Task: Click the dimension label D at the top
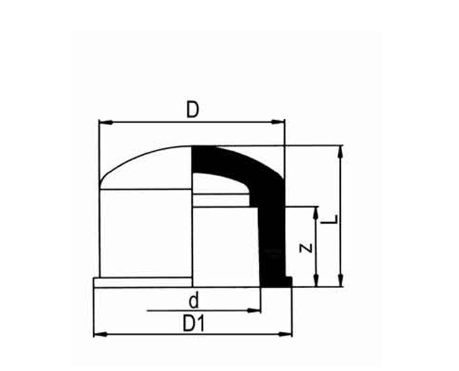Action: click(x=193, y=110)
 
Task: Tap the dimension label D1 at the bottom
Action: click(x=193, y=324)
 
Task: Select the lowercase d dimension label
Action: click(x=194, y=301)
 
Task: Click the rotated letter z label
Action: click(x=306, y=248)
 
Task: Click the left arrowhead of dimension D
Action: click(x=106, y=122)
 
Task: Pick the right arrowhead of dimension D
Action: click(x=278, y=122)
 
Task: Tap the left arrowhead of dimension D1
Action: click(x=100, y=334)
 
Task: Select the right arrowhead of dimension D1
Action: click(x=285, y=334)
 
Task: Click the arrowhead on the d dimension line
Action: click(x=254, y=311)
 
